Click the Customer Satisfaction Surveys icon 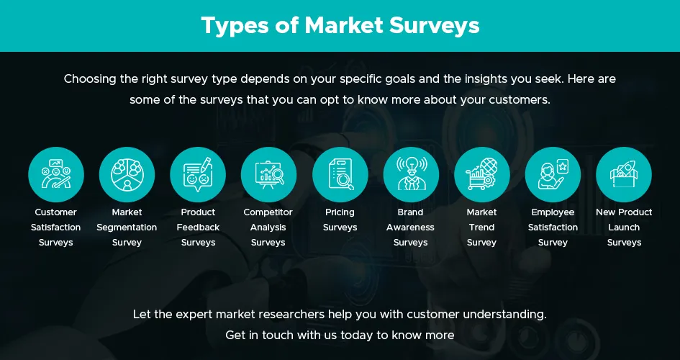point(56,174)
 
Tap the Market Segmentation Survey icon point(127,174)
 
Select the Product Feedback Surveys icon point(198,174)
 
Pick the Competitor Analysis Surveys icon point(268,174)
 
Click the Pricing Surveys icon point(340,174)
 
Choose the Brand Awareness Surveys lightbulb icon point(411,174)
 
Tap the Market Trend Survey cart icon point(481,174)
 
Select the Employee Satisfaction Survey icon point(553,174)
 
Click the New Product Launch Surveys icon point(624,174)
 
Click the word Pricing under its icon point(340,212)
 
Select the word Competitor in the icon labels point(268,212)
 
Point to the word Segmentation point(127,228)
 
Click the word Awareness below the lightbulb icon point(411,228)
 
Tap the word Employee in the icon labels point(553,212)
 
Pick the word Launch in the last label point(624,228)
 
